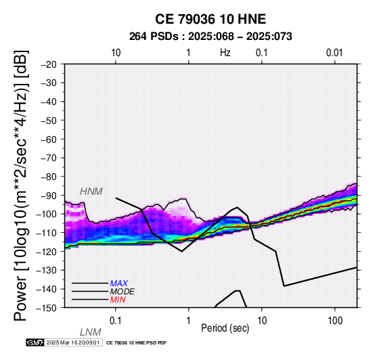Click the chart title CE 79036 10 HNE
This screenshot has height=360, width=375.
211,19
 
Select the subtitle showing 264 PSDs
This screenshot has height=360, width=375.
211,37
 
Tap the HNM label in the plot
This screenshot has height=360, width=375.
91,192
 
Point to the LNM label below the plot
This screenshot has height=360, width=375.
91,332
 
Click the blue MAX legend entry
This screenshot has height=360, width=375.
119,284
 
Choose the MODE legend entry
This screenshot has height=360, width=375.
123,292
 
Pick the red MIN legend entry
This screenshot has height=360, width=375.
118,300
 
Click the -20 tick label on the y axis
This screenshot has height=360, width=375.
49,64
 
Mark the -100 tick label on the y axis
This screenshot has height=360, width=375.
47,214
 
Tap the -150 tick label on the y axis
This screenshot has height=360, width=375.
47,308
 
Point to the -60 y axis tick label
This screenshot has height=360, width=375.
49,139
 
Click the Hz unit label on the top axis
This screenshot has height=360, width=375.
225,53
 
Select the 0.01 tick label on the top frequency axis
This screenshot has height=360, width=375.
334,53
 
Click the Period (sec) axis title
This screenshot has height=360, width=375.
225,328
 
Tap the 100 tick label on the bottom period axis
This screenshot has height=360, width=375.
335,321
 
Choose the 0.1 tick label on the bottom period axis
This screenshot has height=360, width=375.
116,321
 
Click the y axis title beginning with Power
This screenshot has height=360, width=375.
20,185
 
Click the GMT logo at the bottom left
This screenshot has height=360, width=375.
35,342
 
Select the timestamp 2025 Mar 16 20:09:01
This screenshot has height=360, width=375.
73,342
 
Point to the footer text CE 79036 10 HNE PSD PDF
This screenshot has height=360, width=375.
136,343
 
